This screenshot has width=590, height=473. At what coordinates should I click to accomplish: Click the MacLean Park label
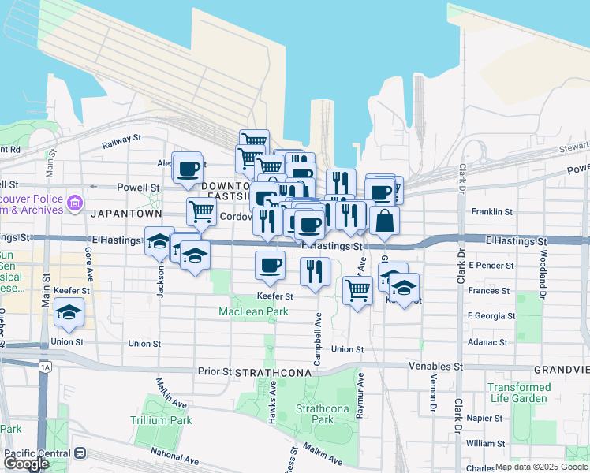pyautogui.click(x=253, y=312)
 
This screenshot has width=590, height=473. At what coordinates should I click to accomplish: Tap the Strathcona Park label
pyautogui.click(x=315, y=414)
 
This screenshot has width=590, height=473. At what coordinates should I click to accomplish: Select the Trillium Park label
pyautogui.click(x=161, y=420)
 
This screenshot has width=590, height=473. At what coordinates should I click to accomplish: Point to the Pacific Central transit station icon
pyautogui.click(x=80, y=454)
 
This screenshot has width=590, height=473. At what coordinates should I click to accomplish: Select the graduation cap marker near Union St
pyautogui.click(x=69, y=313)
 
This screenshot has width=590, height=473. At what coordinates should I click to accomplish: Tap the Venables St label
pyautogui.click(x=435, y=367)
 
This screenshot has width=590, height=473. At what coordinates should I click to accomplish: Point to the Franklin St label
pyautogui.click(x=491, y=212)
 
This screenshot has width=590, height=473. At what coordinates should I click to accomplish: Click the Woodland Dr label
pyautogui.click(x=543, y=268)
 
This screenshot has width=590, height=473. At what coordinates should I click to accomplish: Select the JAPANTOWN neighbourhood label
pyautogui.click(x=126, y=214)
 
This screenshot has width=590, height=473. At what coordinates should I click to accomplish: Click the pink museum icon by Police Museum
pyautogui.click(x=76, y=203)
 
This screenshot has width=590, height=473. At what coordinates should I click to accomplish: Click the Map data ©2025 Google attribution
pyautogui.click(x=540, y=467)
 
